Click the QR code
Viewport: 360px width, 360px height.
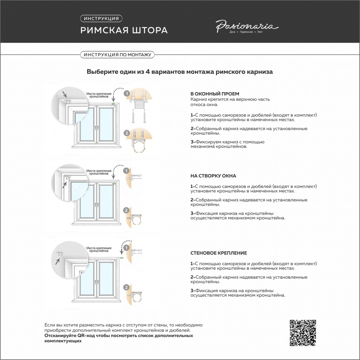pyautogui.click(x=303, y=333)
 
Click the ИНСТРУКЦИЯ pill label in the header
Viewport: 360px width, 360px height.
pyautogui.click(x=101, y=18)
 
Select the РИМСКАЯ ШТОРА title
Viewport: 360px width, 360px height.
pyautogui.click(x=124, y=30)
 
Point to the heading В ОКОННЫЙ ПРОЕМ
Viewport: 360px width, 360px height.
pyautogui.click(x=215, y=94)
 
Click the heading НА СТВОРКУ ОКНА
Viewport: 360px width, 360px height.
pyautogui.click(x=213, y=176)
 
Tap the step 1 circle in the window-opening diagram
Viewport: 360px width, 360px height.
pyautogui.click(x=126, y=94)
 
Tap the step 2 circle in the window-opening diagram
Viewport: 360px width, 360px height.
pyautogui.click(x=126, y=133)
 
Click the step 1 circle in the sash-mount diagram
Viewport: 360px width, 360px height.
pyautogui.click(x=126, y=171)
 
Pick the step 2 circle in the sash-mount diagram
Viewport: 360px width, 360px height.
pyautogui.click(x=126, y=211)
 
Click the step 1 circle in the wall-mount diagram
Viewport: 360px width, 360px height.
pyautogui.click(x=126, y=248)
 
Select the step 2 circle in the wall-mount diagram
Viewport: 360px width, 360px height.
pyautogui.click(x=126, y=287)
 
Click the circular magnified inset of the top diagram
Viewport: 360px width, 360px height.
pyautogui.click(x=69, y=105)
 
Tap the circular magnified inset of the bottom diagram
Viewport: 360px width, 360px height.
pyautogui.click(x=69, y=260)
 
